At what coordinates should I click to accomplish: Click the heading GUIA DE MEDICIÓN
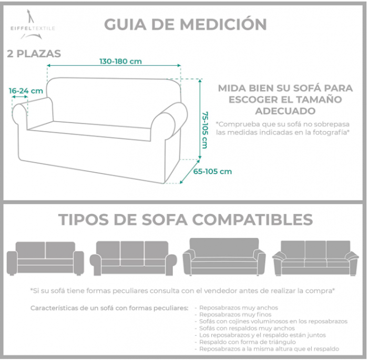(x=185, y=24)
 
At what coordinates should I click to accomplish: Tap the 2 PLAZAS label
(x=34, y=54)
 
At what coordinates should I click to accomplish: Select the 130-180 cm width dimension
(x=120, y=61)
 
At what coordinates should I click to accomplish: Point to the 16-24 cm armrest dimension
(x=26, y=91)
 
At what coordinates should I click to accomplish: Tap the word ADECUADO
(x=285, y=111)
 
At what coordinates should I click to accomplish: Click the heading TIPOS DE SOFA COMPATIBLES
(x=185, y=219)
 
